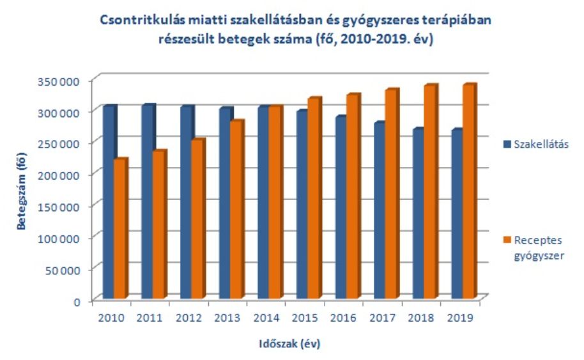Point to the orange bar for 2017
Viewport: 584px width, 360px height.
392,194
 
